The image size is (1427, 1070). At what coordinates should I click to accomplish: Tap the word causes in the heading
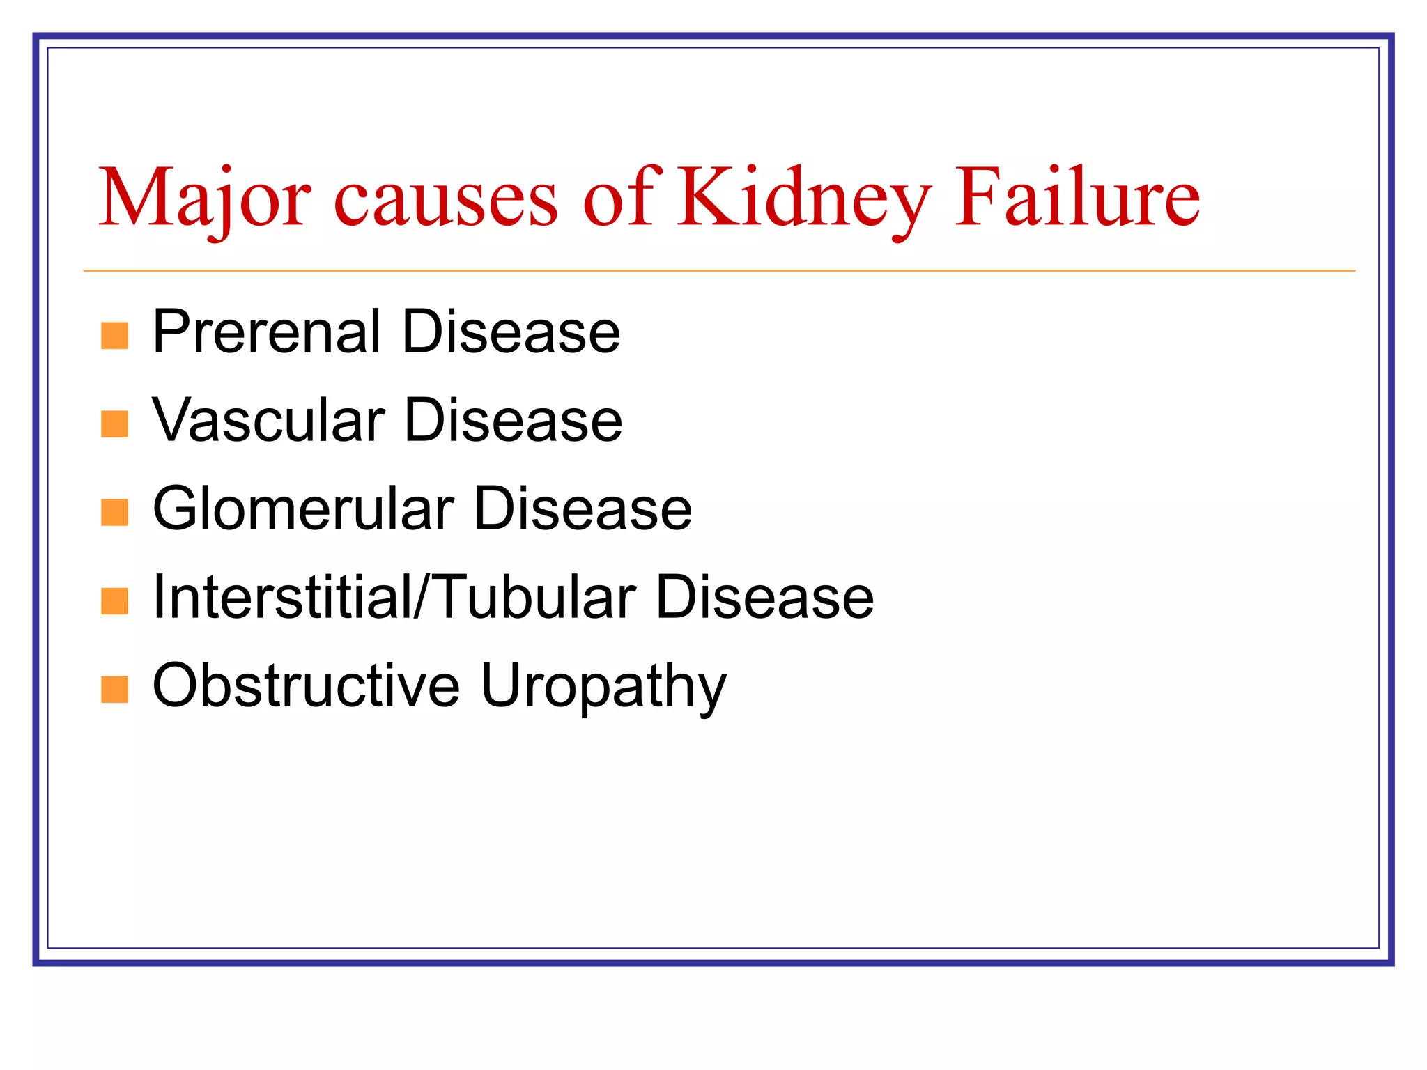446,202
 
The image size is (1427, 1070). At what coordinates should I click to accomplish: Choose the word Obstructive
306,685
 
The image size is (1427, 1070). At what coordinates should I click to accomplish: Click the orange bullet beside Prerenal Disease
114,335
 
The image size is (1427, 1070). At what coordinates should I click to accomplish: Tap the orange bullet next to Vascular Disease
114,424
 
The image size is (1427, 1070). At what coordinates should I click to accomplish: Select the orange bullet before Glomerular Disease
114,512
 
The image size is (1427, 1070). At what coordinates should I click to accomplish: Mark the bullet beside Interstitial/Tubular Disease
114,600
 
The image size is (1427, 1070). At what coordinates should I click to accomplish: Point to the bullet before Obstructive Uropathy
114,690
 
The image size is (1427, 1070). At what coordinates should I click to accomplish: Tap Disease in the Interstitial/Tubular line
765,597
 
